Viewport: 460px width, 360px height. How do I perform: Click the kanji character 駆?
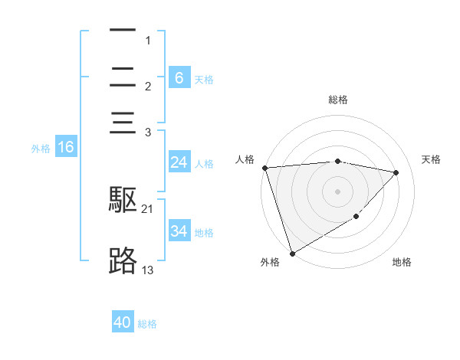[123, 200]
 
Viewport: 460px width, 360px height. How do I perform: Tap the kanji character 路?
[123, 261]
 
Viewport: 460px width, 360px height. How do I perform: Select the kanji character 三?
[123, 123]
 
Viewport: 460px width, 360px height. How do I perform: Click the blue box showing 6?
[179, 78]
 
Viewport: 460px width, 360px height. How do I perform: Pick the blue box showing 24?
[179, 162]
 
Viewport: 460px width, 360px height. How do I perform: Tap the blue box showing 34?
[179, 231]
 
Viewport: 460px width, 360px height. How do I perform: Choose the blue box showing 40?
[123, 323]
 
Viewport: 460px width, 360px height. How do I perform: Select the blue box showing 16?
[66, 148]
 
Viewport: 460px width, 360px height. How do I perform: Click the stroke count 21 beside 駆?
[147, 208]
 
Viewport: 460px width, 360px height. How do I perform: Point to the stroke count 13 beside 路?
[147, 270]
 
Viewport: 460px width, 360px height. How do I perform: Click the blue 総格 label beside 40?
[147, 324]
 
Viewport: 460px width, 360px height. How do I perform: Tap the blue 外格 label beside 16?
[41, 149]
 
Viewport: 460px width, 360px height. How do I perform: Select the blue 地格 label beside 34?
[204, 232]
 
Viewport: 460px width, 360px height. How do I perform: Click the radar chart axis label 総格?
[338, 100]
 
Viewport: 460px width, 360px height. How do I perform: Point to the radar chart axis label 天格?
[431, 159]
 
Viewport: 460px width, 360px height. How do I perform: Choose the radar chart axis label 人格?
[245, 159]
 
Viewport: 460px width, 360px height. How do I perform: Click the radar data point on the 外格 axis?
[292, 253]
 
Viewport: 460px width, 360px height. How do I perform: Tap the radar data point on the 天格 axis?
[396, 172]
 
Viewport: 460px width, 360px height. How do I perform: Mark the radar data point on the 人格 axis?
[264, 168]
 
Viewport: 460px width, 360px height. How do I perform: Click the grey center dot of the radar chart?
[338, 191]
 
